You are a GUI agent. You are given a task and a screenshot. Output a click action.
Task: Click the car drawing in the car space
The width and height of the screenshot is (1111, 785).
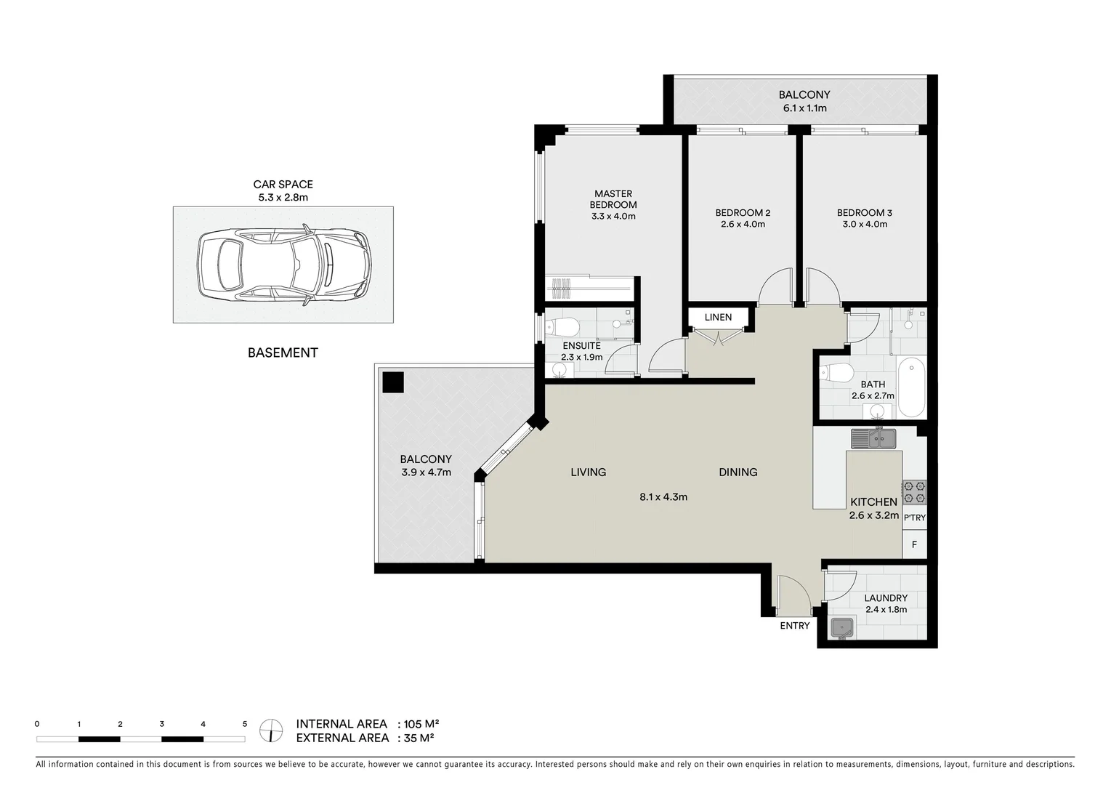click(283, 265)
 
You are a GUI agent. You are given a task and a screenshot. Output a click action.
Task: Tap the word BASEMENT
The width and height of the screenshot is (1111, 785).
click(283, 353)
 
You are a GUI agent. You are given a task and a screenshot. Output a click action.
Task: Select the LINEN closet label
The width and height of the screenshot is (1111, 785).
click(718, 318)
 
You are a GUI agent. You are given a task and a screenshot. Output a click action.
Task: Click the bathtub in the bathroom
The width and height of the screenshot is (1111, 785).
click(911, 387)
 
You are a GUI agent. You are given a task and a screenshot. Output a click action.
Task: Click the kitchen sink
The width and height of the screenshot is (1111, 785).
click(874, 438)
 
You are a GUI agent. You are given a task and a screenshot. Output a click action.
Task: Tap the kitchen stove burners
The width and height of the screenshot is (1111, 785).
click(914, 492)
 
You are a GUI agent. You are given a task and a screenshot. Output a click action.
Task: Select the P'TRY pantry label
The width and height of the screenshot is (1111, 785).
click(915, 518)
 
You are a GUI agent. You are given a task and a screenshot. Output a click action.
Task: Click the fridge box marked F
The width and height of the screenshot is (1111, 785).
click(914, 544)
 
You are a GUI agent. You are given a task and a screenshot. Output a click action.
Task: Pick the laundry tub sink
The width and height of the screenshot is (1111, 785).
click(843, 627)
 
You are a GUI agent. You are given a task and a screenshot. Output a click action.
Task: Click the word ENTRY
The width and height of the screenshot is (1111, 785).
click(794, 626)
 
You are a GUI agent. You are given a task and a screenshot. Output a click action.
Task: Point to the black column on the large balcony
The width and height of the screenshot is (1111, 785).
click(393, 382)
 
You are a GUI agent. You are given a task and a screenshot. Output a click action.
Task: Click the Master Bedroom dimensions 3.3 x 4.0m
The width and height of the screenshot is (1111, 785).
click(613, 216)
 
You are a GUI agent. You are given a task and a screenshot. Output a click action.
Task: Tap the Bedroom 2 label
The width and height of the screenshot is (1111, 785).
click(742, 213)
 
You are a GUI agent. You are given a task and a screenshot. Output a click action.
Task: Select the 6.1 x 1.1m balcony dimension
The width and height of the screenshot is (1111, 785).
click(804, 108)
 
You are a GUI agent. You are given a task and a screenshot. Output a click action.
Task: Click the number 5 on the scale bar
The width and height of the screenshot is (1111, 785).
click(245, 724)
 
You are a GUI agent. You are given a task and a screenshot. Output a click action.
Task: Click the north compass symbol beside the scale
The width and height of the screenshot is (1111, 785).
click(271, 730)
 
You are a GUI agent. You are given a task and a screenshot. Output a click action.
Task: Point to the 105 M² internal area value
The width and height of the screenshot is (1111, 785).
click(421, 724)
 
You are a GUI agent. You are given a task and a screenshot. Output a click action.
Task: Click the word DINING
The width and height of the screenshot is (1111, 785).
click(738, 472)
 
